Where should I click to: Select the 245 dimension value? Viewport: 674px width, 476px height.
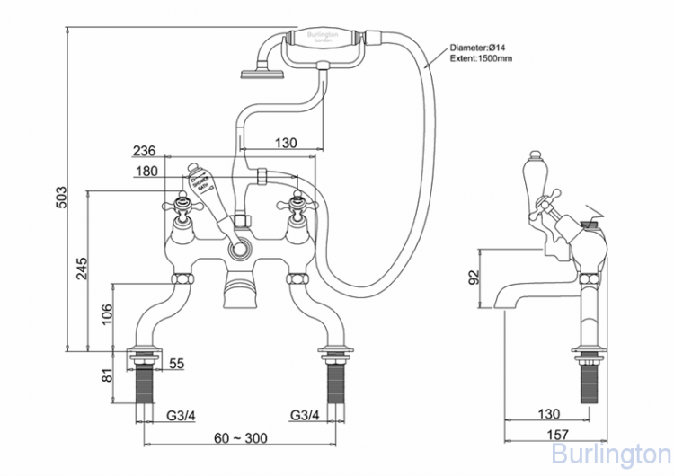[81, 268]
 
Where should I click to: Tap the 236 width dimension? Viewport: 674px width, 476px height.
[145, 151]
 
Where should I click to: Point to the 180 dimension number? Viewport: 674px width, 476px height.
[145, 171]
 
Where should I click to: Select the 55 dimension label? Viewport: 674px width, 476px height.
[176, 363]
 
